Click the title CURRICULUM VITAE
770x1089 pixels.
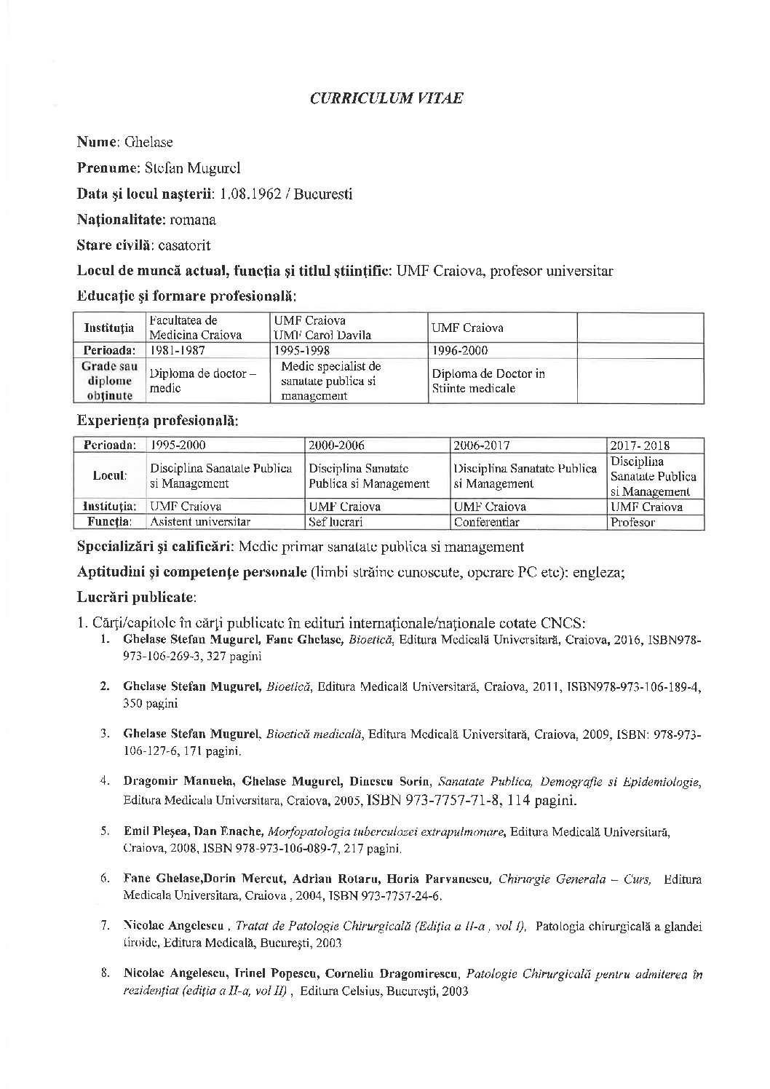386,99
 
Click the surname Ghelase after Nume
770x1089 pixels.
148,142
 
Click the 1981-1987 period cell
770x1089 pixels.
178,350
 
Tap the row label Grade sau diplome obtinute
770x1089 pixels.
109,381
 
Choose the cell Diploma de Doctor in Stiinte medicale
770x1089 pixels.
488,381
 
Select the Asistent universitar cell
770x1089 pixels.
200,522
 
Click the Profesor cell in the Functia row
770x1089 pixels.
632,522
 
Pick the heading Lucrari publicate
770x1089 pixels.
136,597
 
